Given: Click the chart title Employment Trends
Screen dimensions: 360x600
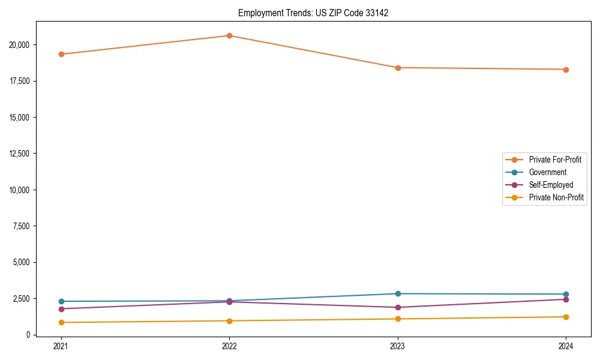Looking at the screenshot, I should coord(313,13).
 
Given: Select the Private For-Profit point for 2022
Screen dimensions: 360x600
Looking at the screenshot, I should coord(229,35).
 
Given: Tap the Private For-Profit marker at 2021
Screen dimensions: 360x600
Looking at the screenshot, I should coord(61,54).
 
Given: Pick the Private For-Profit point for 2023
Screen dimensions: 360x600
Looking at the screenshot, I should coord(398,68).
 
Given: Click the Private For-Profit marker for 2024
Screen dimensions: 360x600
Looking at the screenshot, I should coord(566,70).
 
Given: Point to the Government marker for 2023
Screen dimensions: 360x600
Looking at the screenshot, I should coord(398,293).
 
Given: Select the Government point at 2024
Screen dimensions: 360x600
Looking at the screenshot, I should coord(566,294).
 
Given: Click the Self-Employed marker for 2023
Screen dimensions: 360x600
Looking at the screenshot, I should coord(398,307).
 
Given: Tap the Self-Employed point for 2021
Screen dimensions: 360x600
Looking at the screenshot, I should coord(61,309).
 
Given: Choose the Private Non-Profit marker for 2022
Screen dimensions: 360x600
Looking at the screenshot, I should coord(229,321).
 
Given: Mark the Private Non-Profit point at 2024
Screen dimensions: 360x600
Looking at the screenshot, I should coord(566,317).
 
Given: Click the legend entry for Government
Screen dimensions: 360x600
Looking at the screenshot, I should coord(547,172).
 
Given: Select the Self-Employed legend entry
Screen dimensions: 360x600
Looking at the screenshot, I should coord(551,185).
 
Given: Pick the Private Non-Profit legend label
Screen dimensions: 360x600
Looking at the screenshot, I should coord(556,197).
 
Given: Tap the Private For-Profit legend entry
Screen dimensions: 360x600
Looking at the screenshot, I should coord(555,160).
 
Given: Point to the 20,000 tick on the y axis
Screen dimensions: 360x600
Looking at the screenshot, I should coord(23,45).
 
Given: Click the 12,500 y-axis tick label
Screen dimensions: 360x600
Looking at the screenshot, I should coord(23,154).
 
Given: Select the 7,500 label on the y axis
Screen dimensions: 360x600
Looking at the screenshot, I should coord(25,226).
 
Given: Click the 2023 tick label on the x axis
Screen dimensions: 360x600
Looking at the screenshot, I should coord(398,346).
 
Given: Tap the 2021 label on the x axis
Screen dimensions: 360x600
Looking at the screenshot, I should coord(61,346).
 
